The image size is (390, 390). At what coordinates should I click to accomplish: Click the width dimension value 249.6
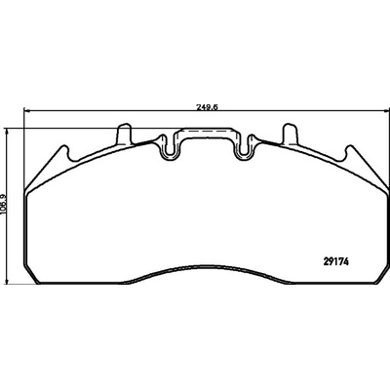pos(207,107)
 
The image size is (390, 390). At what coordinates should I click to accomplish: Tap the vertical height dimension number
pos(4,204)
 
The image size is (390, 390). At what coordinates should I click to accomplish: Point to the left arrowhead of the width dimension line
pos(26,111)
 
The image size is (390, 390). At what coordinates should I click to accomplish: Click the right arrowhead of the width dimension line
pos(386,111)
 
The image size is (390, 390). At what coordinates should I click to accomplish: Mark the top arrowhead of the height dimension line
pos(7,130)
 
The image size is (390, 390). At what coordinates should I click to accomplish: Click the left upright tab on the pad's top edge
pos(125,134)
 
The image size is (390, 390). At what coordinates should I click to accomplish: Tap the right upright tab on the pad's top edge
pos(291,134)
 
